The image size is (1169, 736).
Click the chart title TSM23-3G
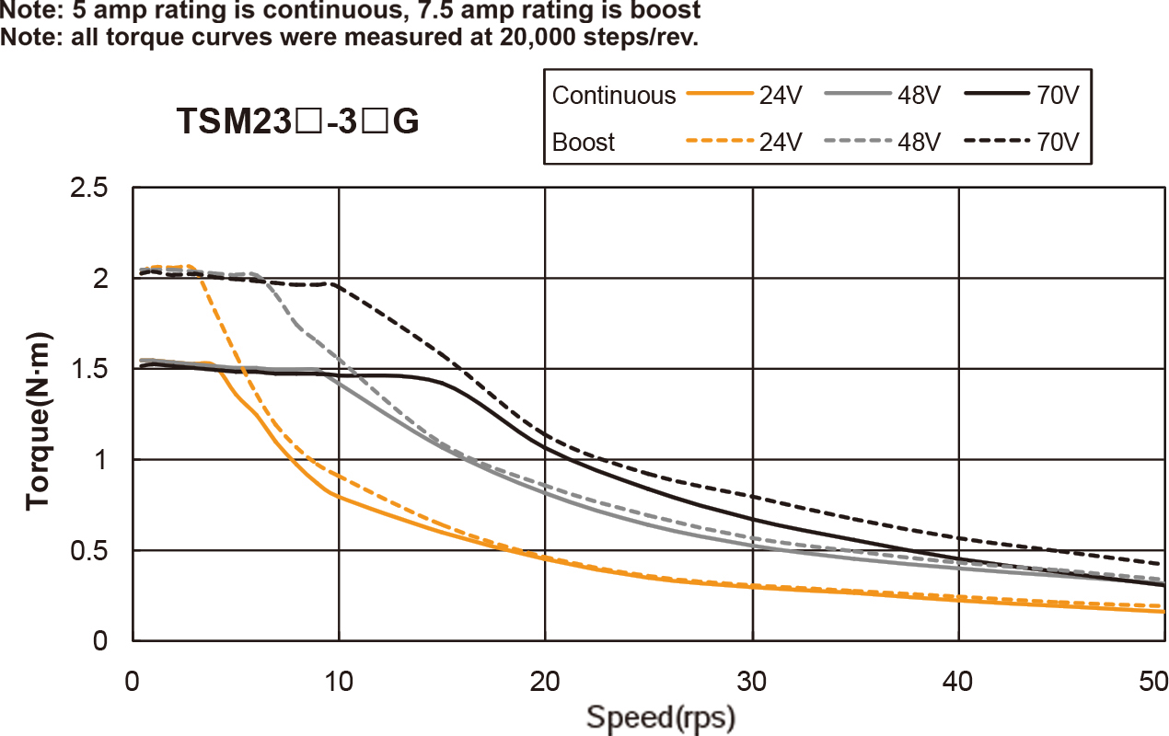[x=298, y=121]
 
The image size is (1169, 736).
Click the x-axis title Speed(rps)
[x=661, y=716]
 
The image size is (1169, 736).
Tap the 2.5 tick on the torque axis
[x=89, y=188]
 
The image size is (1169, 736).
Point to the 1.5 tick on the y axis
[x=89, y=369]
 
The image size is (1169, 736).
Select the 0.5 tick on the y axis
[x=89, y=550]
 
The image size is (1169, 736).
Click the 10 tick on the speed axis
[x=339, y=682]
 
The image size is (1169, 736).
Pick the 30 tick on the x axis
[x=752, y=682]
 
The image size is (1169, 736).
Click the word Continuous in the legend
[x=614, y=96]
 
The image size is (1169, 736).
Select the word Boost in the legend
[x=584, y=143]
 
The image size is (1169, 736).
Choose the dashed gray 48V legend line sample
[x=856, y=143]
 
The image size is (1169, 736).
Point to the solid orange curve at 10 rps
[x=339, y=497]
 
